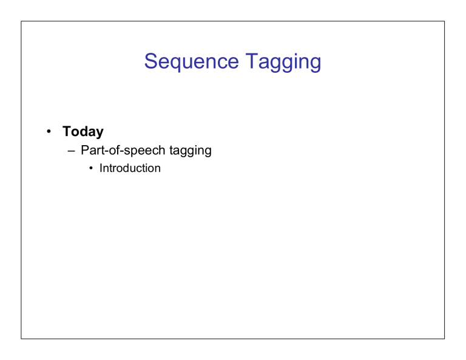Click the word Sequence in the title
[191, 61]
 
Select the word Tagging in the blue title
[283, 61]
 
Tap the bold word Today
[83, 132]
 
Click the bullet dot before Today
[49, 131]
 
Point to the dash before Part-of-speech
[72, 151]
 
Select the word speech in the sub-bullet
[144, 151]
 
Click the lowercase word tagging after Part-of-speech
[191, 151]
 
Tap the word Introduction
[130, 168]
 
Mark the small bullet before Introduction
[91, 168]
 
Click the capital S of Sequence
[150, 61]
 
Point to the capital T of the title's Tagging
[251, 61]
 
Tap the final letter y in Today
[100, 134]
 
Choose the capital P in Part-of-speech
[85, 150]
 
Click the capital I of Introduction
[101, 168]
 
